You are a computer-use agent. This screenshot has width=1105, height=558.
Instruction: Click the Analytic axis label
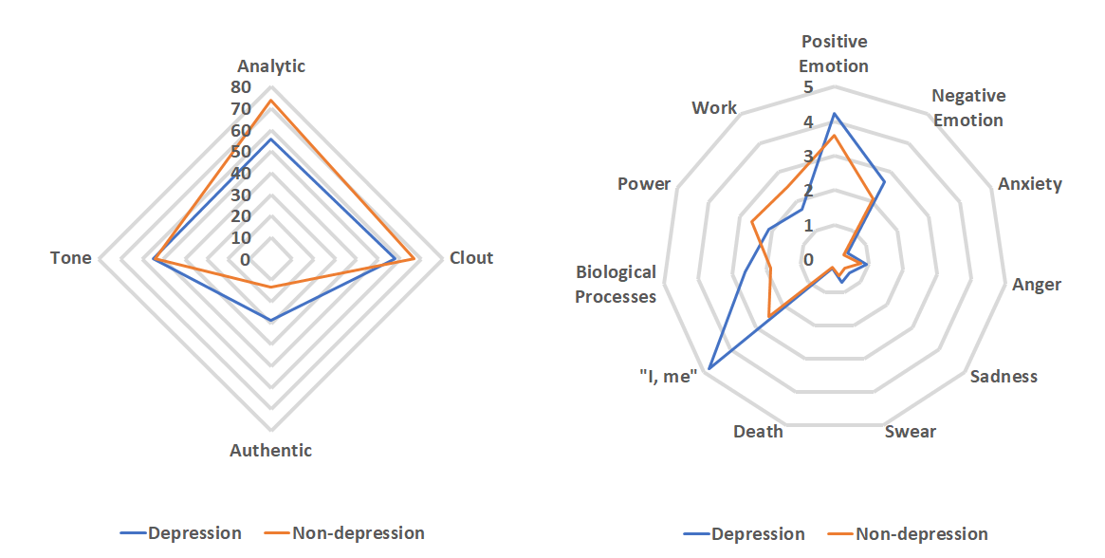(271, 66)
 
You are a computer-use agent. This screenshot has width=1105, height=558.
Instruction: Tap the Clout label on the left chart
(471, 258)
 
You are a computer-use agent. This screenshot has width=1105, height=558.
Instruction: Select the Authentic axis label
(270, 451)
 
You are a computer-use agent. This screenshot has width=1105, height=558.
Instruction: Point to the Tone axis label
(71, 258)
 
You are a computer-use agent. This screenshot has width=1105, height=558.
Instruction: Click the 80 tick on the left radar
(240, 87)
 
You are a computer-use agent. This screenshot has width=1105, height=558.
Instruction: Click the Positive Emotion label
(834, 54)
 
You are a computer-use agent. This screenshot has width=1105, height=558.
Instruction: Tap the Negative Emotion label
(967, 108)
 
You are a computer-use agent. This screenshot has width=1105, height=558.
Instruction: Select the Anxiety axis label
(1029, 184)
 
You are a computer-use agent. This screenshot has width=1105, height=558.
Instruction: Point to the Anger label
(1037, 285)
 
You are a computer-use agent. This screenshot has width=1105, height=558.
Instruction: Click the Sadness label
(1004, 377)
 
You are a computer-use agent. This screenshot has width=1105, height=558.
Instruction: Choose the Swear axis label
(910, 433)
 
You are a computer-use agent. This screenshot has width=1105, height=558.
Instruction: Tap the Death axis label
(758, 433)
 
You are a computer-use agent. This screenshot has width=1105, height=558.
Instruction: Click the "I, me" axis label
(668, 377)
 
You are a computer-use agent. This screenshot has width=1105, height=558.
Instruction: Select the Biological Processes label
(617, 285)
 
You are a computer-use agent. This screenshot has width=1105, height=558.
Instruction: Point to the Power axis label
(644, 184)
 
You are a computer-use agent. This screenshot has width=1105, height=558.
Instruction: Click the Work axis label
(714, 108)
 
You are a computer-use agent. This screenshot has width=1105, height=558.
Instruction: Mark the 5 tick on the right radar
(808, 87)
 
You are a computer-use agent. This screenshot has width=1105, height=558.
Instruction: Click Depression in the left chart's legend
(194, 533)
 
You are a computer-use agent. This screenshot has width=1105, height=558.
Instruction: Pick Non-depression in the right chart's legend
(921, 534)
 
